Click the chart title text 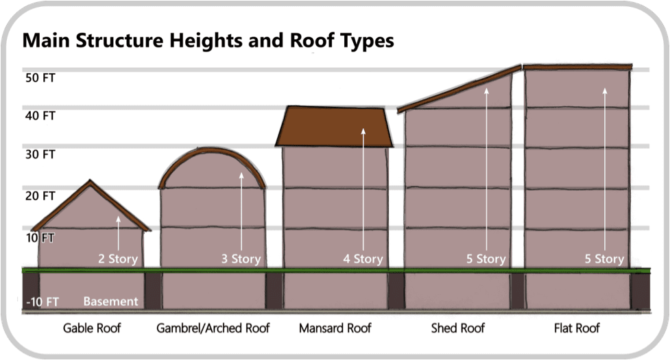tap(208, 40)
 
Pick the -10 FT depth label tap(42, 302)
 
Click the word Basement tap(110, 302)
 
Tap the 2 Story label tap(118, 259)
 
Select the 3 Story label tap(240, 259)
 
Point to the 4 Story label tap(363, 259)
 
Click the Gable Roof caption tap(92, 328)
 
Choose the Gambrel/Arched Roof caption tap(213, 328)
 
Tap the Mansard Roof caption tap(335, 328)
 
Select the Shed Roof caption tap(458, 328)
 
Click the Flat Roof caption tap(577, 328)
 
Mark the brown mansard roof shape tap(334, 127)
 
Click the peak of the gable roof tap(90, 182)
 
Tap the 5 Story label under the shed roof tap(486, 259)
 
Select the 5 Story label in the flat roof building tap(604, 259)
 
